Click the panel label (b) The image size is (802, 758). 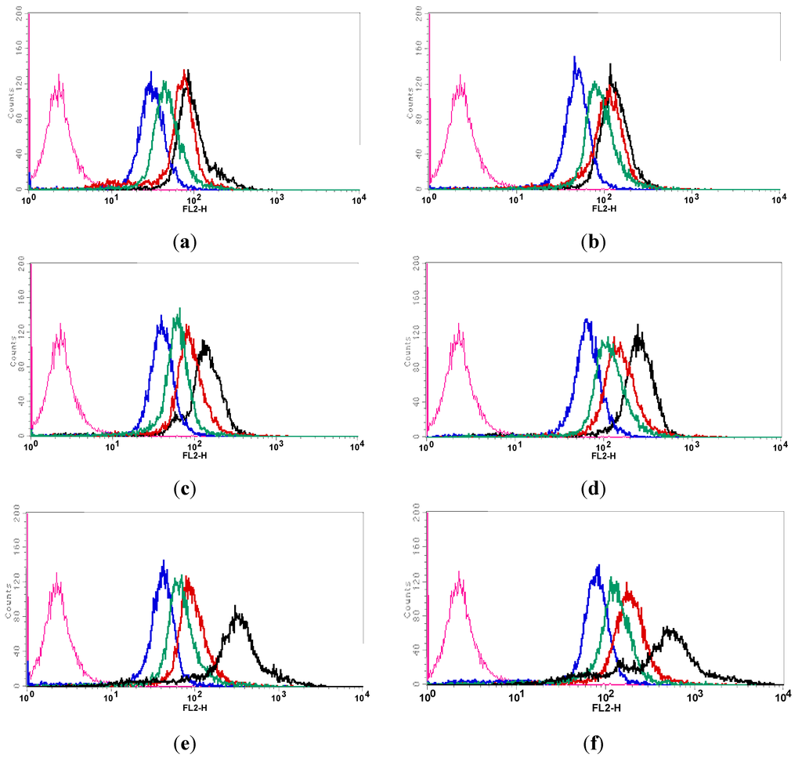(x=592, y=242)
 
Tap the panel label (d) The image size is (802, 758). (x=592, y=490)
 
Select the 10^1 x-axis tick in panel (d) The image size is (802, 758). (x=515, y=446)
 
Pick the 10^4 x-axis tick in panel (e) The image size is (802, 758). (x=359, y=696)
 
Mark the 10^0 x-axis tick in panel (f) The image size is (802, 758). (x=428, y=696)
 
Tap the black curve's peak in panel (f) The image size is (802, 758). (x=670, y=627)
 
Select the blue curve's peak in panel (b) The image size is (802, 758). (x=575, y=57)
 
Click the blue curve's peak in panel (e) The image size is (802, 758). (x=163, y=560)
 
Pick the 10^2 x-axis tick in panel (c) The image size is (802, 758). (x=194, y=446)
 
